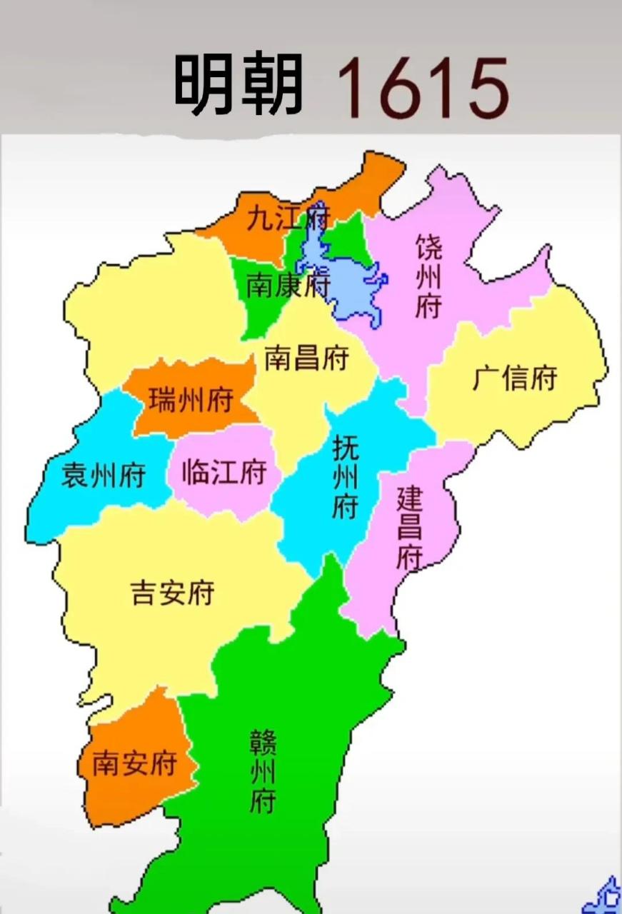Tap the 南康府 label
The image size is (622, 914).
(287, 286)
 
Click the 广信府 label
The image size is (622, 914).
(514, 378)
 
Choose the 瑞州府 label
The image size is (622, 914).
(191, 401)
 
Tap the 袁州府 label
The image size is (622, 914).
(103, 474)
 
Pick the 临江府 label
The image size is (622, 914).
(224, 472)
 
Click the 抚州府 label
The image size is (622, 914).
(346, 477)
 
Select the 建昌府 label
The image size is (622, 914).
(410, 527)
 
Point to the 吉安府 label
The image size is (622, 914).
(172, 592)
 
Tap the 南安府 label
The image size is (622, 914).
(134, 764)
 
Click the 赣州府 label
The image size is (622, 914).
(263, 770)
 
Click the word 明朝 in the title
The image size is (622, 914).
(239, 86)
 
